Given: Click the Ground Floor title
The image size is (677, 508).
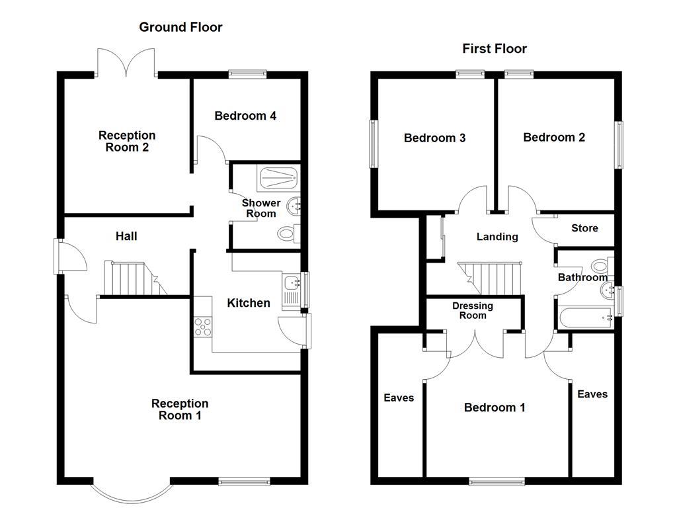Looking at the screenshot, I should tap(180, 27).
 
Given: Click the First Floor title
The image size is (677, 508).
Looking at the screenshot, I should tap(495, 48).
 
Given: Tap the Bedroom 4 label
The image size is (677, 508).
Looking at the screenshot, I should tap(245, 116).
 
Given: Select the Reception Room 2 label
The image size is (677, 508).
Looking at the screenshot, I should tap(127, 142).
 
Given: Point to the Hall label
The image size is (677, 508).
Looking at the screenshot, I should tap(126, 236).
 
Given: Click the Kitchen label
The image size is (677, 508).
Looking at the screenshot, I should tap(249, 303).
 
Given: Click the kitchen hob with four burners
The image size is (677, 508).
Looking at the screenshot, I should tap(202, 326).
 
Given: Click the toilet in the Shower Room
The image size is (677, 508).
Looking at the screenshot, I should tap(288, 233).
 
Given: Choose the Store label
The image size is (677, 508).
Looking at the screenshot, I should tap(584, 228).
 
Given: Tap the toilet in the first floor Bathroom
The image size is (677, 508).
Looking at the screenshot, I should tap(601, 266).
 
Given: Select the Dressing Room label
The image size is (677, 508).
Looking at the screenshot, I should tap(473, 310).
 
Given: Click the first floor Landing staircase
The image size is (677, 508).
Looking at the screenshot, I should tap(490, 276).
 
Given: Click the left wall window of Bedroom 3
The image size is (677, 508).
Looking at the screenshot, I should tap(372, 144).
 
